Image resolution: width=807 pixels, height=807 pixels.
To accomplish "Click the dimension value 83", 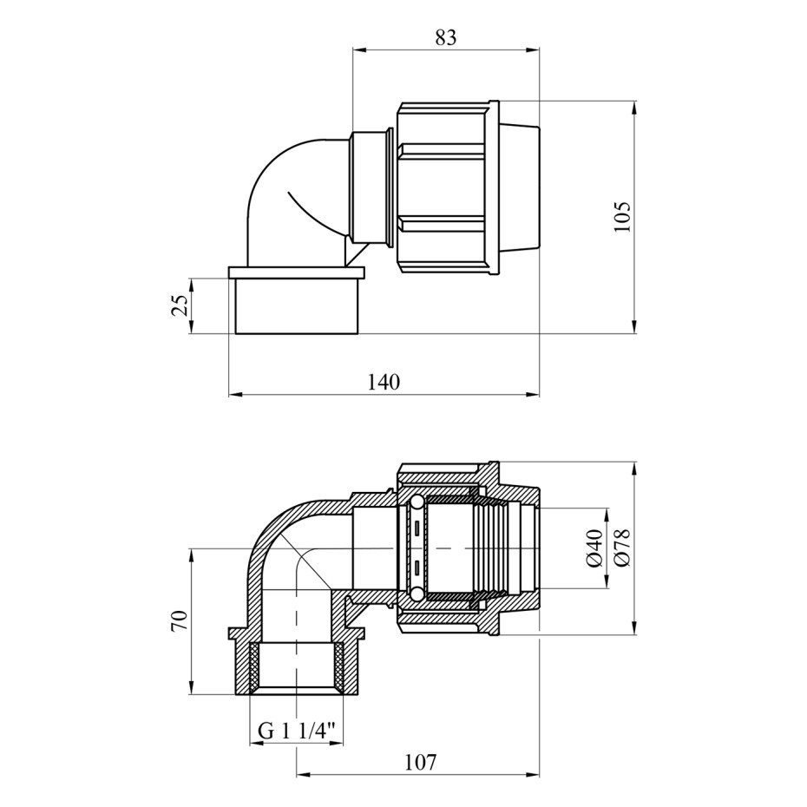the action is pyautogui.click(x=446, y=37).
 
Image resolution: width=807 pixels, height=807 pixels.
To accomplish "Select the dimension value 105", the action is pyautogui.click(x=622, y=216).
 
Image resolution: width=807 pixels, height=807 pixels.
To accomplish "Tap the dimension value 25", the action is pyautogui.click(x=180, y=306).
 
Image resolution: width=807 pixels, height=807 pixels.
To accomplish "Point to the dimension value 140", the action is pyautogui.click(x=384, y=382).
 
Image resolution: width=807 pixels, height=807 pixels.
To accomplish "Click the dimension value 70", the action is pyautogui.click(x=180, y=621).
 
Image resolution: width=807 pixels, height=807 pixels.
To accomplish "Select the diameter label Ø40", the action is pyautogui.click(x=594, y=548).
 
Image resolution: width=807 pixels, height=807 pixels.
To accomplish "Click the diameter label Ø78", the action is pyautogui.click(x=622, y=548).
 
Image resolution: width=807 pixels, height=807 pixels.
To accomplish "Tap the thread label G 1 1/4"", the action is pyautogui.click(x=296, y=731).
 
